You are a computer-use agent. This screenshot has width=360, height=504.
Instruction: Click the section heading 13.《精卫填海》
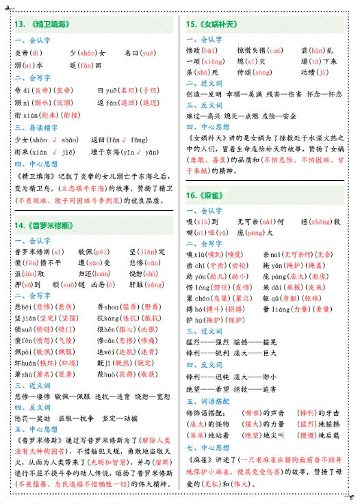(41, 25)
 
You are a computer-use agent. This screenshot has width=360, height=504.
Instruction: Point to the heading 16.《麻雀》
(205, 194)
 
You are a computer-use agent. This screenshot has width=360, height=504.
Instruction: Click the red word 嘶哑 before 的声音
(252, 414)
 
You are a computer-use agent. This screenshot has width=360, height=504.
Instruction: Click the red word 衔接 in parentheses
(70, 115)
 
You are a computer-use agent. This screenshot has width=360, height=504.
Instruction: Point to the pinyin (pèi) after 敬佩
(103, 251)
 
